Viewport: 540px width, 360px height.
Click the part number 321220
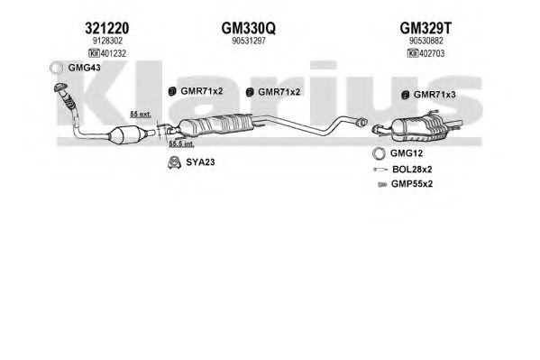pyautogui.click(x=107, y=28)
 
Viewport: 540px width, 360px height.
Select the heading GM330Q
pyautogui.click(x=248, y=28)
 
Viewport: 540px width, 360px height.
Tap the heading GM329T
pyautogui.click(x=426, y=28)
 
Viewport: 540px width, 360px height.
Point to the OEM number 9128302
pyautogui.click(x=107, y=41)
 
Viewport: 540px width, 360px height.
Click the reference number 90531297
pyautogui.click(x=249, y=41)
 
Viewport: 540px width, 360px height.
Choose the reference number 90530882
pyautogui.click(x=426, y=41)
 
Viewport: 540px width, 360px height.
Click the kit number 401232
pyautogui.click(x=113, y=53)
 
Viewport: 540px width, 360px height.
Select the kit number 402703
pyautogui.click(x=432, y=53)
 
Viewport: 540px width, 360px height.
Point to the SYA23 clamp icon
pyautogui.click(x=174, y=162)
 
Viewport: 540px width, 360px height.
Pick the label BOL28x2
pyautogui.click(x=412, y=170)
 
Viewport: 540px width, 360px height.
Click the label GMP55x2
pyautogui.click(x=412, y=184)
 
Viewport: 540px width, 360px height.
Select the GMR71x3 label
pyautogui.click(x=435, y=95)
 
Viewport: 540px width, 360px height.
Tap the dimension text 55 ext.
pyautogui.click(x=141, y=115)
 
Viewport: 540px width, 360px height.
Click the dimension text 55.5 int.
pyautogui.click(x=181, y=143)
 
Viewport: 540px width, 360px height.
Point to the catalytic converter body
pyautogui.click(x=125, y=135)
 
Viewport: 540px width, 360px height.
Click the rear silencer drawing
pyautogui.click(x=419, y=128)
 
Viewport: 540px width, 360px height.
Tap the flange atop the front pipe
pyautogui.click(x=60, y=88)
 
